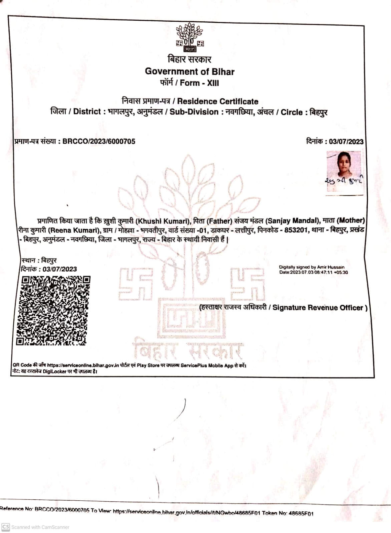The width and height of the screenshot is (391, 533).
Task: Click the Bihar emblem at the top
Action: click(190, 37)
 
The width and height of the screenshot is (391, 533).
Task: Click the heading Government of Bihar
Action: click(189, 71)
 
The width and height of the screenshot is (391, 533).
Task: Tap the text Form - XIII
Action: click(199, 83)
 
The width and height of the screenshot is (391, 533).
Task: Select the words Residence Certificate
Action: click(218, 101)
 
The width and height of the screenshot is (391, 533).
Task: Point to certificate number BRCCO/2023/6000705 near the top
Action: click(99, 141)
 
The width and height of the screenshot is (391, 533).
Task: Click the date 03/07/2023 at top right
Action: click(346, 141)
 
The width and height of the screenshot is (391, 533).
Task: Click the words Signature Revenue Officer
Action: click(318, 307)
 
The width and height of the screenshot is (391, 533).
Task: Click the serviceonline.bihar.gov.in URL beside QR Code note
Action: click(83, 365)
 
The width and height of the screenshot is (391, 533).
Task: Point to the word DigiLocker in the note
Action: click(55, 371)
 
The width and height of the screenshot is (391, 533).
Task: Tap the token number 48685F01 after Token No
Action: click(301, 513)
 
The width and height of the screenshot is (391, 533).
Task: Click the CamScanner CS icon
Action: click(6, 527)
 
